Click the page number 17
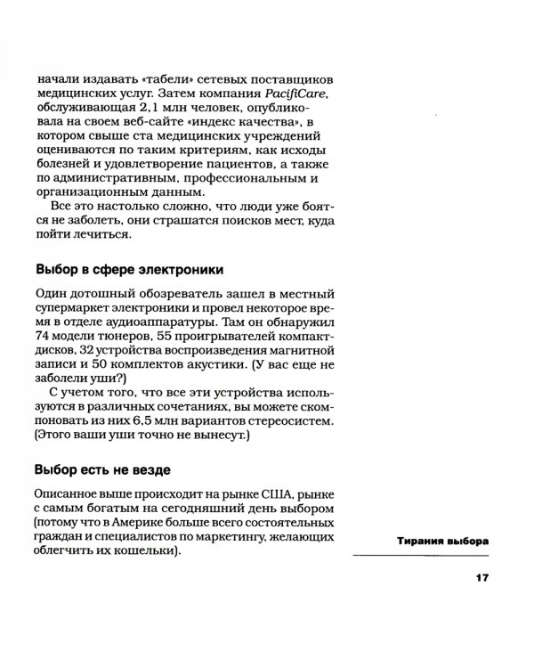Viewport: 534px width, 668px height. pyautogui.click(x=482, y=580)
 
